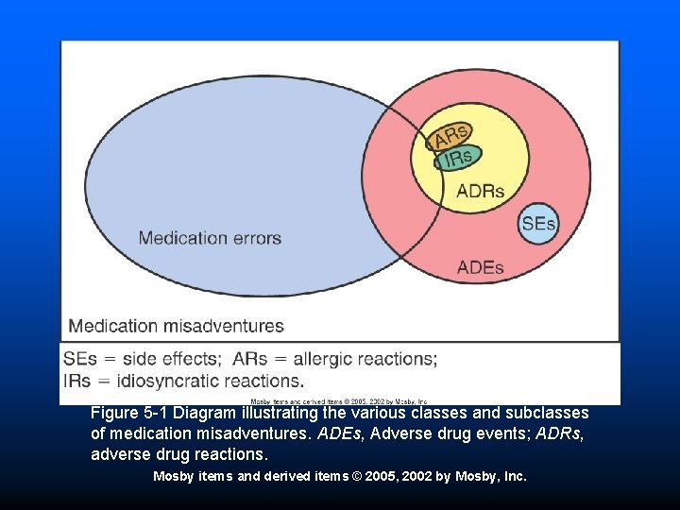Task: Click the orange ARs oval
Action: [450, 137]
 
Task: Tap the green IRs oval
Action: [459, 158]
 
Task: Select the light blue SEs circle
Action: [539, 224]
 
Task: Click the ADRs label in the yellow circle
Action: [480, 192]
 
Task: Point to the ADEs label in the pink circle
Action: [480, 267]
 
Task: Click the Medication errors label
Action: [210, 238]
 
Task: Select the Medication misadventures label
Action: [177, 327]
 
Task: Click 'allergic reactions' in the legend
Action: [365, 359]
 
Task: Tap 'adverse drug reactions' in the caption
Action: [172, 454]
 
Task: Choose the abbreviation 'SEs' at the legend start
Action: [80, 359]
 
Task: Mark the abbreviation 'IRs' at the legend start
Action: [78, 382]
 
